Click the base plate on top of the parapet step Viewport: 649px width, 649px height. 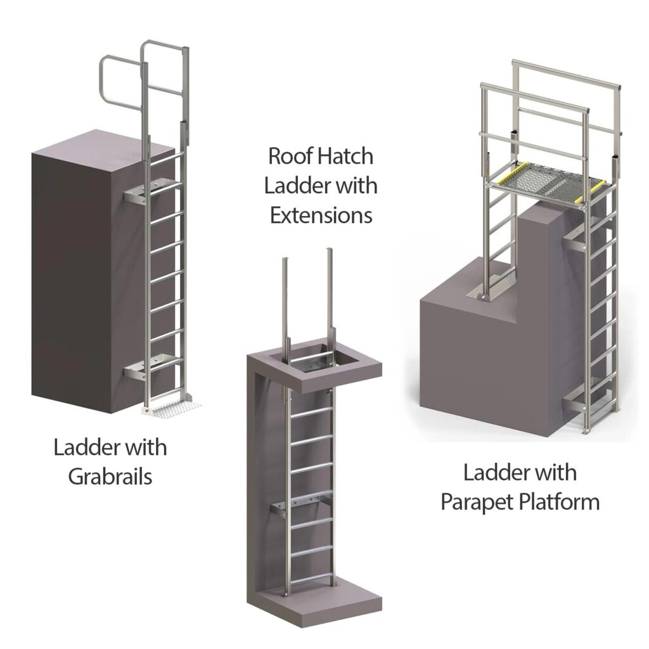485,294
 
